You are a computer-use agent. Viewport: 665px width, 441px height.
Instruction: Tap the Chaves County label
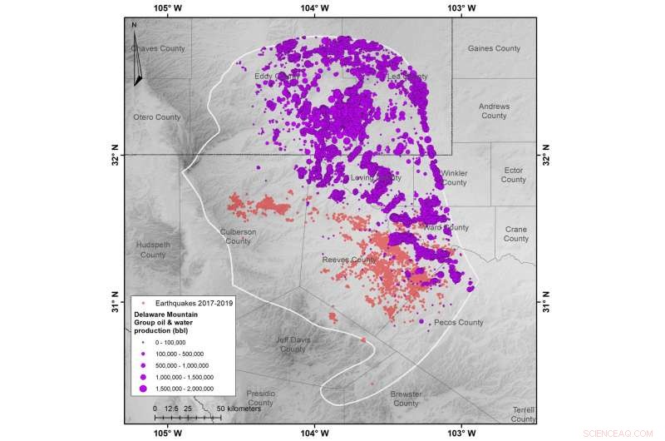(158, 48)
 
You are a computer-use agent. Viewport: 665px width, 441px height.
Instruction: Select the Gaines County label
(494, 48)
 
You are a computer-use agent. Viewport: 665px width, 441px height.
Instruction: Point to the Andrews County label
(494, 111)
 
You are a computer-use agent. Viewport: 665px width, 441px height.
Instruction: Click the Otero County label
(157, 117)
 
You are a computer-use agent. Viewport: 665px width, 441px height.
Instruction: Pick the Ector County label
(513, 175)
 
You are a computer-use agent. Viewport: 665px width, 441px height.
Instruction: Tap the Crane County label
(515, 234)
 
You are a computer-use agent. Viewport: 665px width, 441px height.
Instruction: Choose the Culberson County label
(238, 236)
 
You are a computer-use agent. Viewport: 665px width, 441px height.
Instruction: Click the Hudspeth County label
(153, 250)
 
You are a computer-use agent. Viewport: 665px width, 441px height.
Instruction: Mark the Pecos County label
(458, 322)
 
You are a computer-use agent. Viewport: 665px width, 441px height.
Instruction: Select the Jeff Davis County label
(293, 344)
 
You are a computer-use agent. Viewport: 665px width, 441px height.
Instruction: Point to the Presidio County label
(260, 398)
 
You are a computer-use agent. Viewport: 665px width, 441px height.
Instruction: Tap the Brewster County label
(406, 398)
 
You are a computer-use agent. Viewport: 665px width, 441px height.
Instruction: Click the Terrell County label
(524, 414)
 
